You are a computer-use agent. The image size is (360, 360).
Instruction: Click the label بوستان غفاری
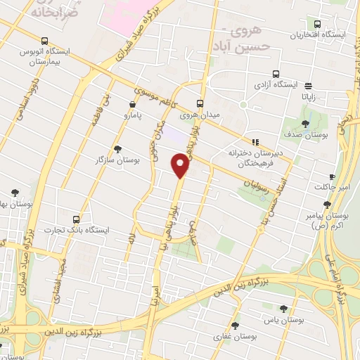[x=234, y=338]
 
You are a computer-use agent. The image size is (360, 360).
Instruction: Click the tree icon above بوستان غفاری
[x=235, y=326]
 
